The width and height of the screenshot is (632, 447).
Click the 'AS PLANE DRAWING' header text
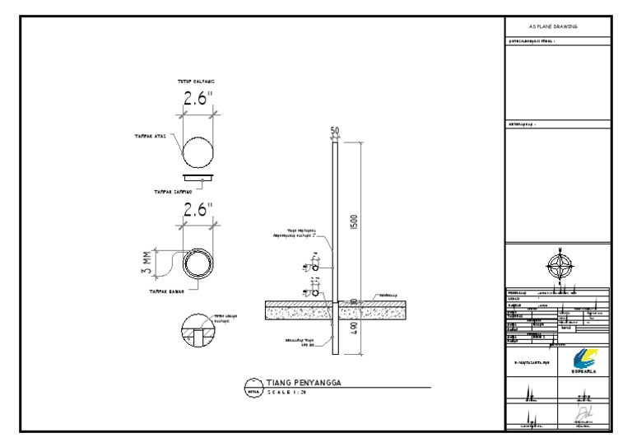559,27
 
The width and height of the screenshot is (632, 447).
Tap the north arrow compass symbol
559,264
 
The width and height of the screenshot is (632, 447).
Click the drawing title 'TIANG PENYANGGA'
304,383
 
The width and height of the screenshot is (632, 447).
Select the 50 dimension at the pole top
335,132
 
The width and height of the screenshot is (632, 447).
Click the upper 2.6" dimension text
197,99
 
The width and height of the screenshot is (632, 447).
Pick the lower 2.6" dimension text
197,209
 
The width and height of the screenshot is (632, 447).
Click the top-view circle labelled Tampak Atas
197,152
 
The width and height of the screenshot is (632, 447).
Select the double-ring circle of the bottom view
197,263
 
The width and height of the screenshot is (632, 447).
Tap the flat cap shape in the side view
197,176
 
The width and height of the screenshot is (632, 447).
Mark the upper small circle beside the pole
319,268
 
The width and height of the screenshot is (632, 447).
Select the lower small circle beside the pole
319,292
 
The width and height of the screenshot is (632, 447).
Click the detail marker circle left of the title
254,388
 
